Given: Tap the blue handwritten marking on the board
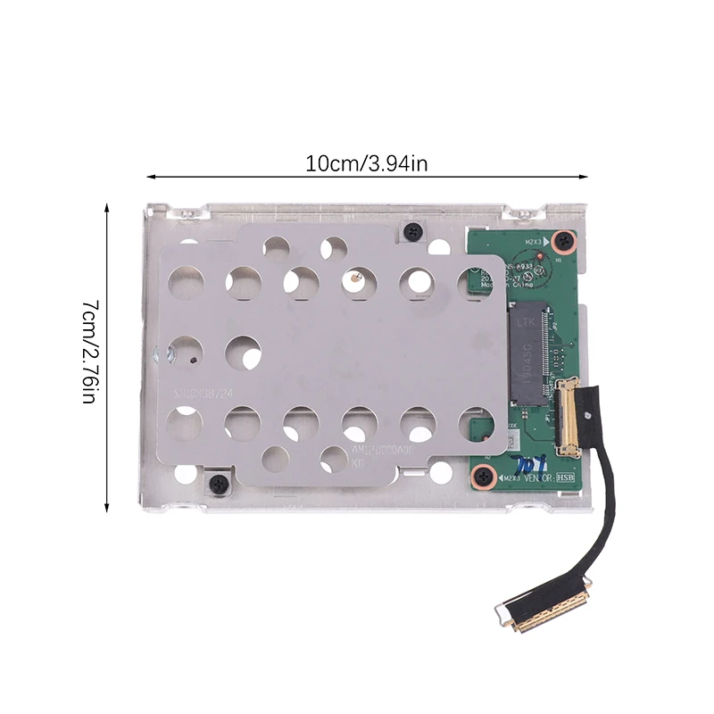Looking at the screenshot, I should (x=526, y=464).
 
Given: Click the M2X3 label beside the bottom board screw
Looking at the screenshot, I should (x=510, y=480).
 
